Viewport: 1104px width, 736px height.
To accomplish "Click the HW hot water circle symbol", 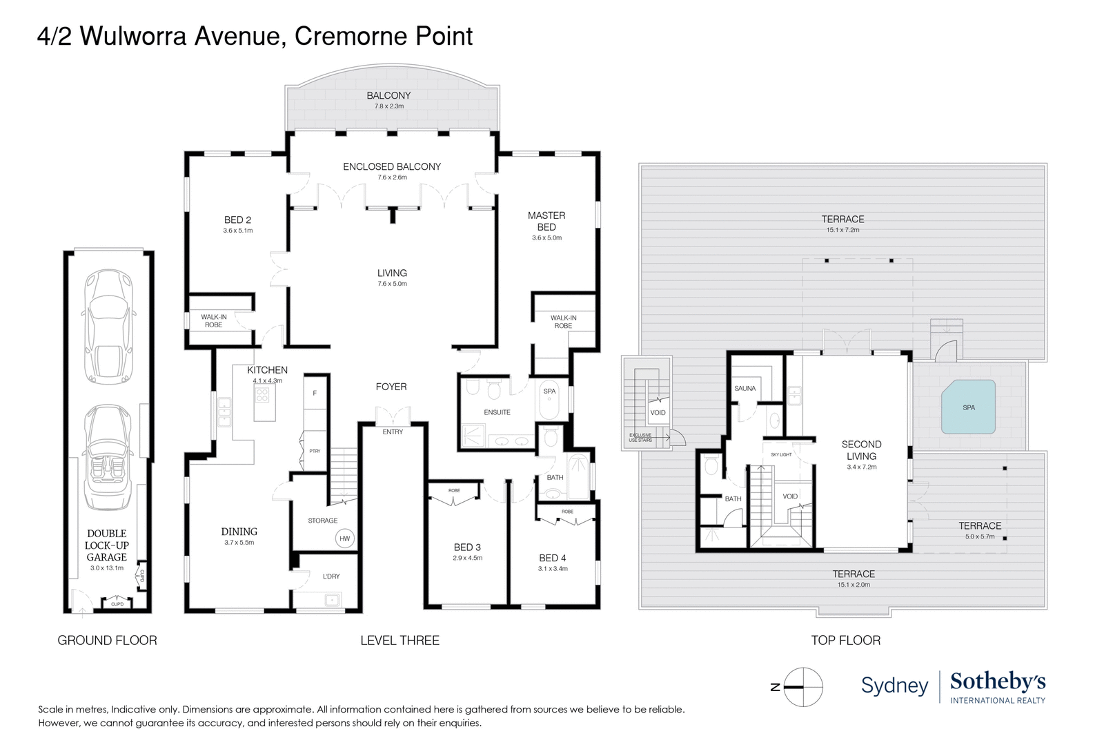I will point(344,539).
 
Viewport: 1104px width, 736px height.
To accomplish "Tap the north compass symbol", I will point(803,687).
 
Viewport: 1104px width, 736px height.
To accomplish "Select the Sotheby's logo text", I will point(998,681).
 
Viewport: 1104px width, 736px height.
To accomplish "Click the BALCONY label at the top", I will point(388,95).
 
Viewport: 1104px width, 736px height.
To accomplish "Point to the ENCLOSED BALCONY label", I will point(392,166).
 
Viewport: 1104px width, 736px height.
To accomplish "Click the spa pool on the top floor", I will point(969,407).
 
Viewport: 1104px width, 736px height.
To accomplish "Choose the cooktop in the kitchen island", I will point(262,395).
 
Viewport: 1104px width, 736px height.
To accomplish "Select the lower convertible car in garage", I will point(108,457).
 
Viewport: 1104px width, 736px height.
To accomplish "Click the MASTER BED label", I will point(546,221).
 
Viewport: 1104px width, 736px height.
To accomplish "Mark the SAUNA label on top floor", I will point(745,388).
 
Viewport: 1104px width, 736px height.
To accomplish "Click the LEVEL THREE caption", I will point(400,640).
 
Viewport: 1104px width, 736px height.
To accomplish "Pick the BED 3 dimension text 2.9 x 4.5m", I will point(467,558).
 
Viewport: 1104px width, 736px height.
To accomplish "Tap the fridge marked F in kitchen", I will point(315,393).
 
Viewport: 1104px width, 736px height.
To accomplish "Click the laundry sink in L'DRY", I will point(332,600).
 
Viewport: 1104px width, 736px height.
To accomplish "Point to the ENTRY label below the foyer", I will point(393,432).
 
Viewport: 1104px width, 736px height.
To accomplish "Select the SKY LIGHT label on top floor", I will point(781,454).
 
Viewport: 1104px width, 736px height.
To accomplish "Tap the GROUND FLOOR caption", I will point(107,640).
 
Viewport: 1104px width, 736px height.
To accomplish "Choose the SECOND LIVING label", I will point(861,450).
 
